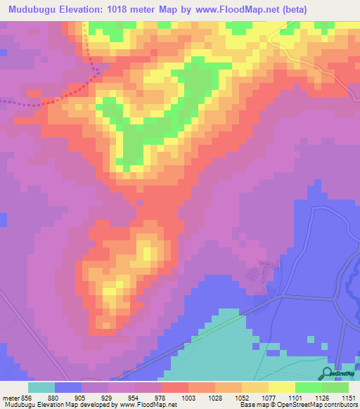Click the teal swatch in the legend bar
pyautogui.click(x=41, y=387)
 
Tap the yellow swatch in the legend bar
pyautogui.click(x=282, y=387)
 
